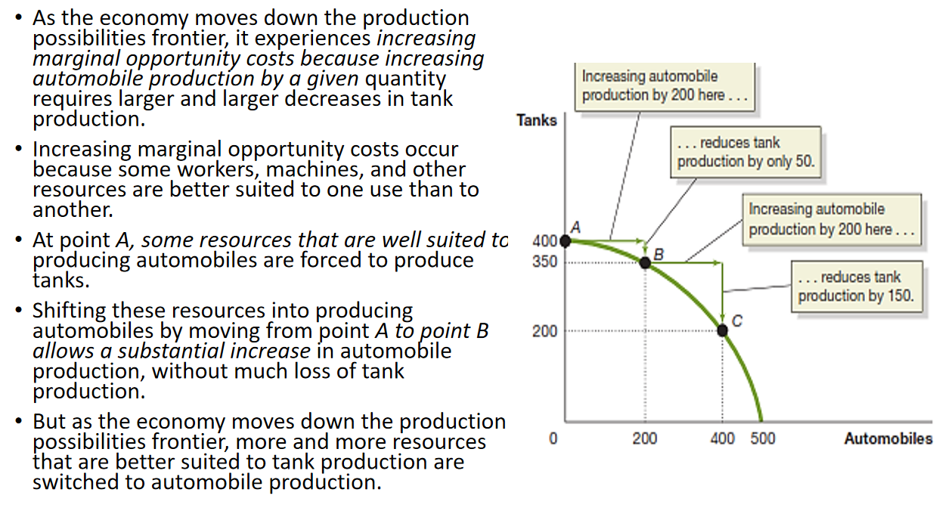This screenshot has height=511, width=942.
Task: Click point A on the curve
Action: coord(568,241)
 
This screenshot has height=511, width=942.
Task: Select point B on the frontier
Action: coord(645,262)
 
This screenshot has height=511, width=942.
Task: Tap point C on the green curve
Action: coord(723,330)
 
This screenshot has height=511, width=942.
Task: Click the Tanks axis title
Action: coord(537,120)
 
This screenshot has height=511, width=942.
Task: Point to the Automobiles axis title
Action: coord(888,438)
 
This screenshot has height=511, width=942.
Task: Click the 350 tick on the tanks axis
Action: coord(544,262)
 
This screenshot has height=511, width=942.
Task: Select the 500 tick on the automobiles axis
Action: coord(763,438)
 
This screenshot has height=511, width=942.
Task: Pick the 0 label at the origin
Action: coord(553,438)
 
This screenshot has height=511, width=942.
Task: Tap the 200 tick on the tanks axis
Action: coord(544,331)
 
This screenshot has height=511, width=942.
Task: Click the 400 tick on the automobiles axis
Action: coord(722,438)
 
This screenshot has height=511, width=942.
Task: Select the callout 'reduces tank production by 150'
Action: coord(856,286)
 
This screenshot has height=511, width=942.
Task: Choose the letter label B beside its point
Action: coord(658,253)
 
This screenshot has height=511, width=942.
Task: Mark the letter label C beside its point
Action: coord(737,322)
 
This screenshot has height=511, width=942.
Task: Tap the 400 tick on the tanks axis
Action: coord(544,242)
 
